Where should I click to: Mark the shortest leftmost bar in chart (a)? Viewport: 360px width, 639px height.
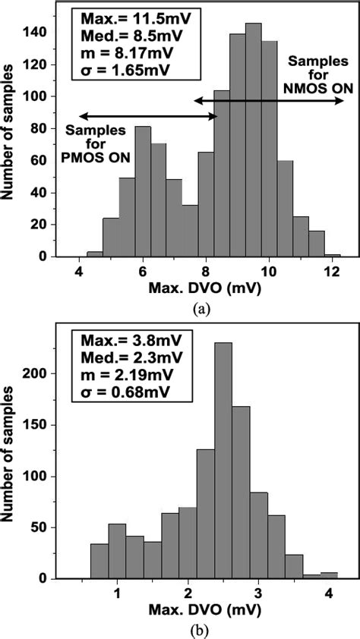tap(95, 253)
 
